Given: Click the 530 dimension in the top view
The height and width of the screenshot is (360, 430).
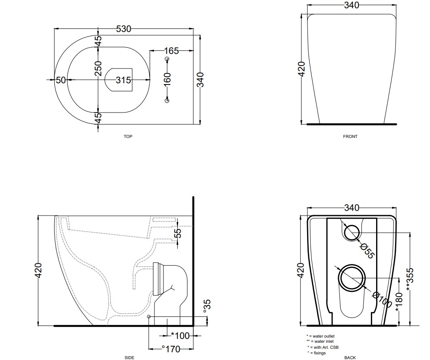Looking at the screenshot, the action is click(x=124, y=29).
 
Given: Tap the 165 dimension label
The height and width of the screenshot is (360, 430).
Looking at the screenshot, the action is click(x=171, y=51).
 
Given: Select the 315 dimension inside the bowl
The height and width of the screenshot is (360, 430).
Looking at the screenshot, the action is click(x=123, y=80).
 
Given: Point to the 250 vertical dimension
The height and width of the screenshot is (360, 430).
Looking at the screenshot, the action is click(x=98, y=69).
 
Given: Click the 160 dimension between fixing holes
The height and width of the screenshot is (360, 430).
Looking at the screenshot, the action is click(x=167, y=79).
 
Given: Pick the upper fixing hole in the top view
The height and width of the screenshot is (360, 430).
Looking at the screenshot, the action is click(x=167, y=59).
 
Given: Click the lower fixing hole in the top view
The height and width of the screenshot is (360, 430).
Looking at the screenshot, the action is click(x=167, y=100).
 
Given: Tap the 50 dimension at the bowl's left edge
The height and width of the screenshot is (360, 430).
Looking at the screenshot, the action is click(x=61, y=80).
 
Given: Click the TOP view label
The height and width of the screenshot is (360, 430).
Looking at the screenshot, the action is click(x=128, y=137).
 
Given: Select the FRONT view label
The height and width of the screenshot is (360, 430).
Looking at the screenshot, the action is click(x=350, y=137).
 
